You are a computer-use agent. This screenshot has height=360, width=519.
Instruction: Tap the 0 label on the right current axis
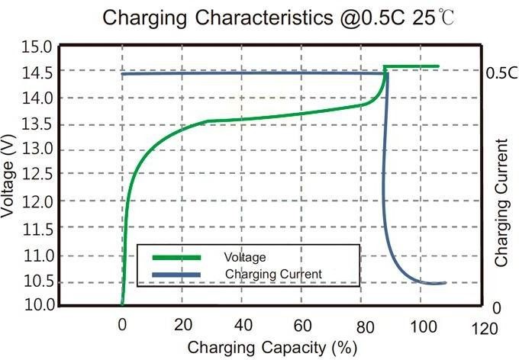click(496, 307)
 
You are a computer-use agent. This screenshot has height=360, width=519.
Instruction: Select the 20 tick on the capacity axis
click(182, 325)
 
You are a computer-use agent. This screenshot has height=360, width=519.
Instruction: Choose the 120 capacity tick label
click(483, 328)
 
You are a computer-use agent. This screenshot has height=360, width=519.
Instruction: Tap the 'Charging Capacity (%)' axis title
click(271, 347)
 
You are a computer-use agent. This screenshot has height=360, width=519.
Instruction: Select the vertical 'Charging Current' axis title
click(502, 202)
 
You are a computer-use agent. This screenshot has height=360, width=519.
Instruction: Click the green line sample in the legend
click(176, 257)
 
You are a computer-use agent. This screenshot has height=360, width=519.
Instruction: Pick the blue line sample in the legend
click(176, 274)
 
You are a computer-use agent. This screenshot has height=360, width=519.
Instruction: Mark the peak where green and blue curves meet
click(385, 71)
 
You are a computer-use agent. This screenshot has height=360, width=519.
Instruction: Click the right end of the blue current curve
click(444, 283)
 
